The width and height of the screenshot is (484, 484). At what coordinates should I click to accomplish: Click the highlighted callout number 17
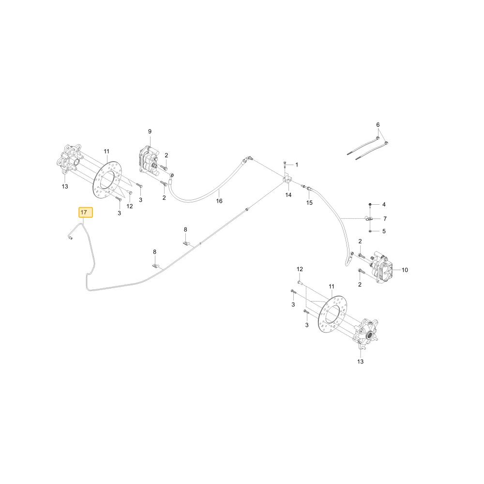tap(84, 212)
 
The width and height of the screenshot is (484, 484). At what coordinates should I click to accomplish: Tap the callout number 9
tap(150, 132)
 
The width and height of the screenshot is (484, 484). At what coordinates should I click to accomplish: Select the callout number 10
tap(405, 270)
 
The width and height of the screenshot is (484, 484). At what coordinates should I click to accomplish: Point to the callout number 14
tap(288, 195)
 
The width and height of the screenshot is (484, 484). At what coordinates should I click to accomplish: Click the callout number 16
tap(219, 201)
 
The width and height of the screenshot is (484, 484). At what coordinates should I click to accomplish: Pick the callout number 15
tap(309, 203)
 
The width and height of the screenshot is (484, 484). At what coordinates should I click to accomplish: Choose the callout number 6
tap(378, 125)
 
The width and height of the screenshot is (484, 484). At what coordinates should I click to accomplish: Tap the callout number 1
tap(297, 165)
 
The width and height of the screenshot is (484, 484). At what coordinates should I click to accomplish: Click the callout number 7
tap(385, 219)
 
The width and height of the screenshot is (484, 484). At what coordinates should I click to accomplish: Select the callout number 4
tap(384, 205)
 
